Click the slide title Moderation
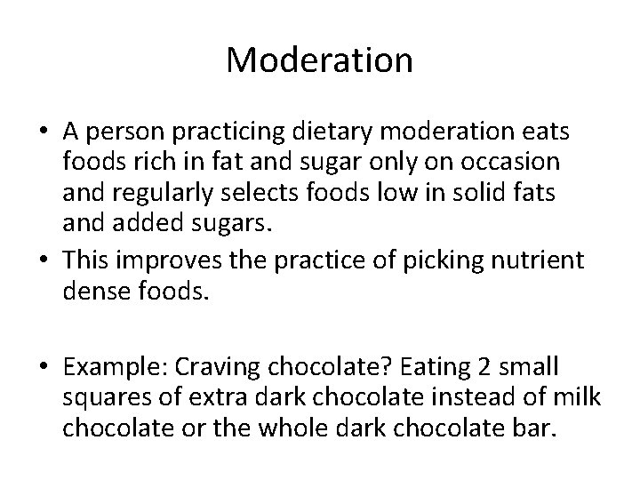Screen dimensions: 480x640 pyautogui.click(x=319, y=60)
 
